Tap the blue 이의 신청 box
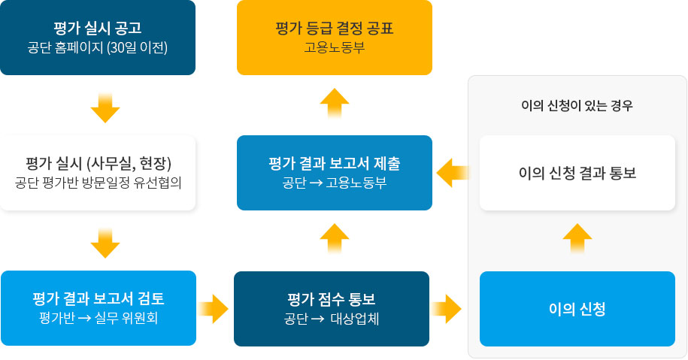(x=577, y=309)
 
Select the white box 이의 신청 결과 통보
(x=577, y=173)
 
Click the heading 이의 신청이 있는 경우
(x=577, y=106)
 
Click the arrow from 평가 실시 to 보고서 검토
(x=105, y=243)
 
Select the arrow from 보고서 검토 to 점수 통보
(x=214, y=308)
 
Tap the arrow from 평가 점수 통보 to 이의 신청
(x=447, y=308)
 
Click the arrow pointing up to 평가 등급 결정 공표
(x=335, y=104)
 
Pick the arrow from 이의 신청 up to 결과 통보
(x=577, y=238)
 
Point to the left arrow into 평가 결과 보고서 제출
(x=453, y=173)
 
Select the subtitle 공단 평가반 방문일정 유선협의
(x=98, y=183)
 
